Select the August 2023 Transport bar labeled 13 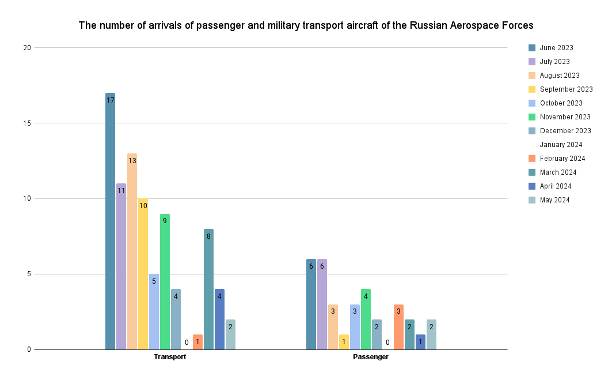point(132,251)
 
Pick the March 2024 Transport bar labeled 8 point(208,289)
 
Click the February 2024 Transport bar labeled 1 point(197,342)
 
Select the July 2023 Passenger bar point(322,304)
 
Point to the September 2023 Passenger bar point(344,342)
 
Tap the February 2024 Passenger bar point(398,327)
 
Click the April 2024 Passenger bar point(420,342)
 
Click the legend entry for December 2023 point(565,131)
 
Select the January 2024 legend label point(561,145)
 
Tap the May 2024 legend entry point(554,200)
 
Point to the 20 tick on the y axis point(26,48)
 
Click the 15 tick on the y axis point(26,123)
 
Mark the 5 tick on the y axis point(28,274)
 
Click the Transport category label point(170,358)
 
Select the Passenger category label point(371,358)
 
